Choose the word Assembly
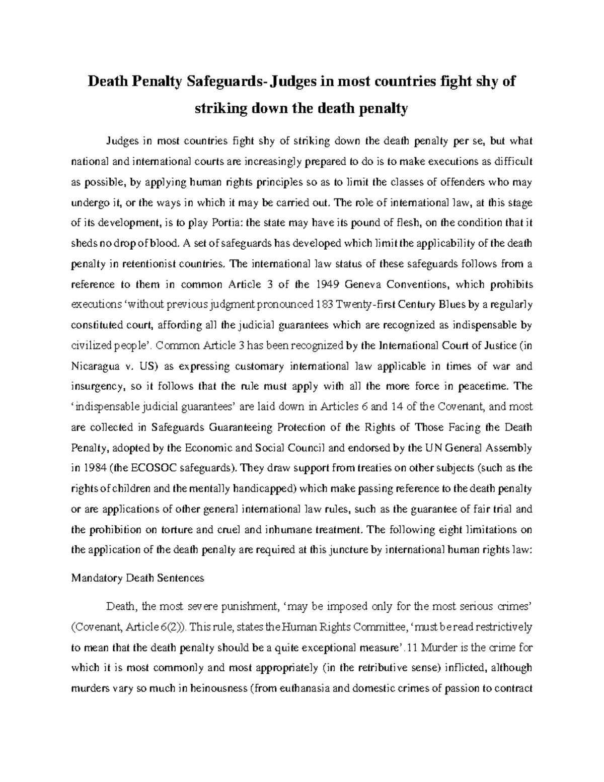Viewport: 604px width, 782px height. click(511, 448)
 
